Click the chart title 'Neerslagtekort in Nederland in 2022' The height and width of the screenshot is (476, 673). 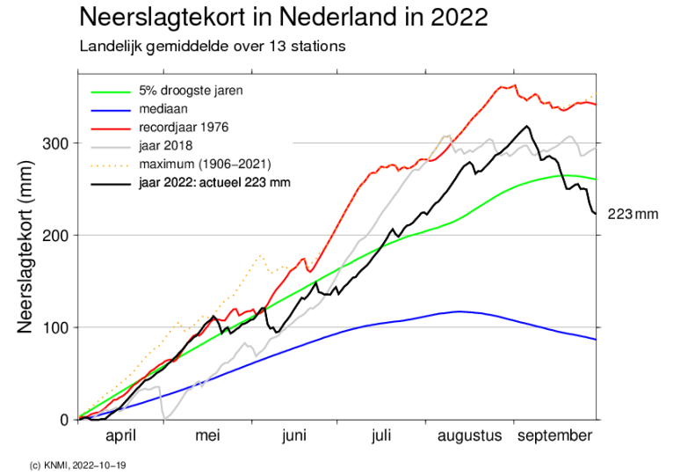coord(283,18)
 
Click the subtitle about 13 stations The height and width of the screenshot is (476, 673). coord(212,45)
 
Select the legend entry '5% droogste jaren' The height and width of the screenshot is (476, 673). coord(191,91)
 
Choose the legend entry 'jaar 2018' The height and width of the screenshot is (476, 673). coord(165,146)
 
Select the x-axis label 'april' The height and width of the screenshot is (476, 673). coord(121,436)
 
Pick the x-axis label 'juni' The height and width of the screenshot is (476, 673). coord(294,436)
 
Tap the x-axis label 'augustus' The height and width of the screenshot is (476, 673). coord(469,436)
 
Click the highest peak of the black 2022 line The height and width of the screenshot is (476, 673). coord(527,127)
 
